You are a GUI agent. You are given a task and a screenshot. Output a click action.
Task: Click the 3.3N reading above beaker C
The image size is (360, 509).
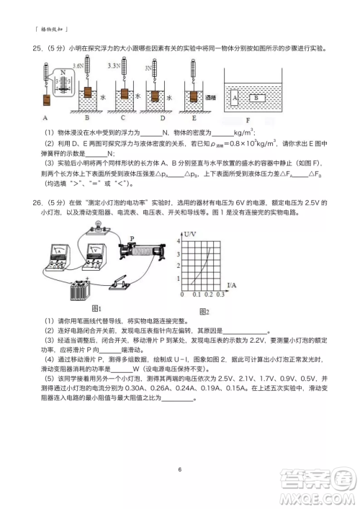(114, 65)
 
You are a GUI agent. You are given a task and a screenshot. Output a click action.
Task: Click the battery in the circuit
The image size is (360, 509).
(80, 290)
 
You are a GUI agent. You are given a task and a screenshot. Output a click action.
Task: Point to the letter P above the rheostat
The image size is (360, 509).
(132, 238)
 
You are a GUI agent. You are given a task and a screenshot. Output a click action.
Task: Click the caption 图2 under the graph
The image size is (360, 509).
(204, 310)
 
